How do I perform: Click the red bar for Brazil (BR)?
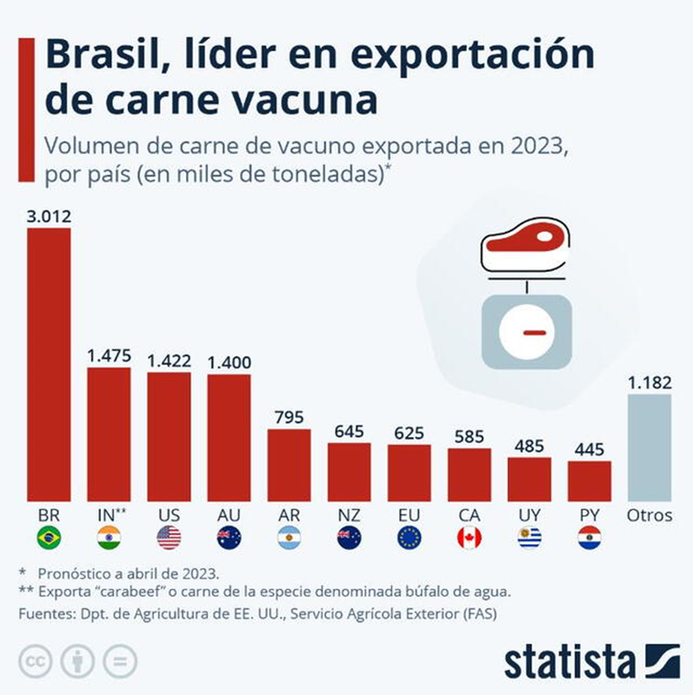pyautogui.click(x=49, y=364)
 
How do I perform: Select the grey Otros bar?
pyautogui.click(x=649, y=447)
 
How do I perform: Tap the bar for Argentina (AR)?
pyautogui.click(x=289, y=465)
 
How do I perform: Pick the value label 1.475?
pyautogui.click(x=109, y=356)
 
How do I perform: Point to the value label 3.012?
pyautogui.click(x=49, y=216)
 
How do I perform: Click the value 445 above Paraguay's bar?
pyautogui.click(x=589, y=449)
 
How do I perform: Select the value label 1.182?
pyautogui.click(x=650, y=383)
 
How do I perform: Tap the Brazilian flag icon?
pyautogui.click(x=49, y=538)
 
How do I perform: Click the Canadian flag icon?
pyautogui.click(x=469, y=538)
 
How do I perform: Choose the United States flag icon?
pyautogui.click(x=169, y=538)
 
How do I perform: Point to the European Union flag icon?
pyautogui.click(x=409, y=538)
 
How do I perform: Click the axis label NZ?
pyautogui.click(x=349, y=515)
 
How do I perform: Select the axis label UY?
pyautogui.click(x=529, y=515)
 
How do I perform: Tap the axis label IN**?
pyautogui.click(x=110, y=515)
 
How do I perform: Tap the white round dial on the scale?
pyautogui.click(x=527, y=332)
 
